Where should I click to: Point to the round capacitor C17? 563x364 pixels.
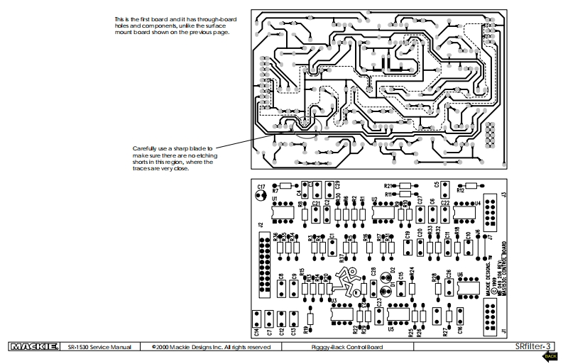pyautogui.click(x=261, y=192)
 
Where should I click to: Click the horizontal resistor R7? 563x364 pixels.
pyautogui.click(x=284, y=185)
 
